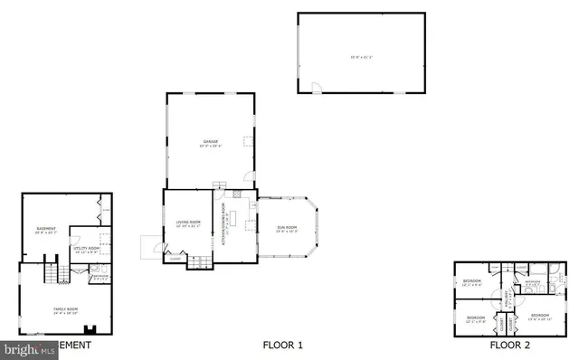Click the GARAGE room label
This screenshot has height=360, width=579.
211,142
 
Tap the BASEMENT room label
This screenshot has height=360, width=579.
46,229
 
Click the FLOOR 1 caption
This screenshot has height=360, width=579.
282,345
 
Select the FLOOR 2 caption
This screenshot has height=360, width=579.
510,345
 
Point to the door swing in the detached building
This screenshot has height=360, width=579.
315,88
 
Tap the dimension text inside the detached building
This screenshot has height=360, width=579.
362,58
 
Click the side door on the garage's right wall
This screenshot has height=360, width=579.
252,175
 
